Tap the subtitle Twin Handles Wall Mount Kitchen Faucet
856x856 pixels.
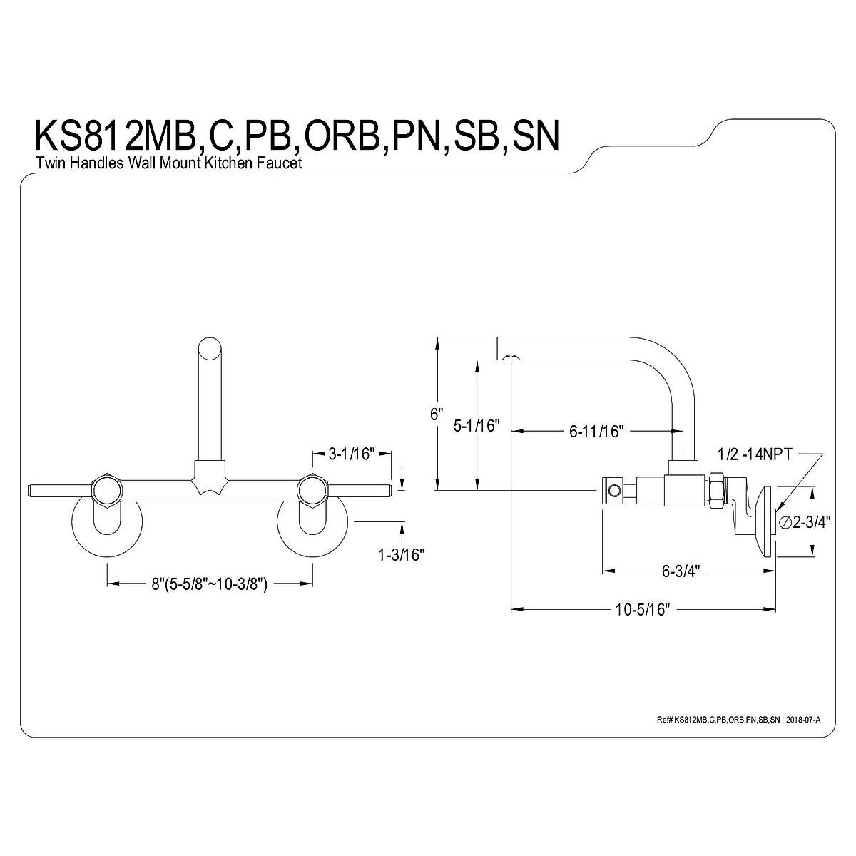[169, 163]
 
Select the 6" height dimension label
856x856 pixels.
[437, 415]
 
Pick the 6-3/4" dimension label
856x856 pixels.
[678, 571]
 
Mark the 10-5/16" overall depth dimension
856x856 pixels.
[643, 609]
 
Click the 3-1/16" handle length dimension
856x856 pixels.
[351, 454]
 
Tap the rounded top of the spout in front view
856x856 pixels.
[210, 349]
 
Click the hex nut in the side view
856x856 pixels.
[715, 492]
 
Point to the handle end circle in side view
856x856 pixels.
[611, 490]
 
